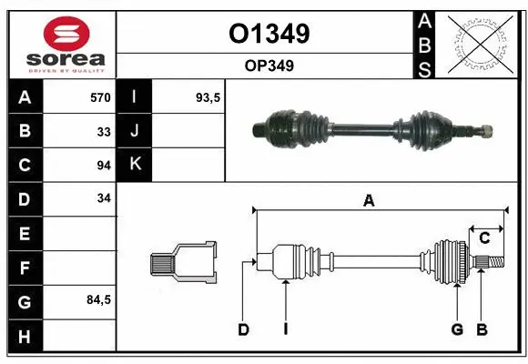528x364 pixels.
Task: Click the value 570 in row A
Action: point(99,97)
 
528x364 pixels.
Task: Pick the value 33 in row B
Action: point(103,131)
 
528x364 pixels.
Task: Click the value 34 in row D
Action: point(103,198)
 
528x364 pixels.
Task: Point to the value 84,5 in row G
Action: point(97,299)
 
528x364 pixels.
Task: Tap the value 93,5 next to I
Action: point(208,97)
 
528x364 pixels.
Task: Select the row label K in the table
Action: point(135,165)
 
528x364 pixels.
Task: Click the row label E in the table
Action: point(24,233)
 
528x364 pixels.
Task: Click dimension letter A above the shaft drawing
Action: point(368,202)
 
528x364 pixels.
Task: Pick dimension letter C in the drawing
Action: point(484,238)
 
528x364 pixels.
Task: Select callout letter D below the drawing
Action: point(243,329)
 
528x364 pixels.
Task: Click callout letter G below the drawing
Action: point(457,329)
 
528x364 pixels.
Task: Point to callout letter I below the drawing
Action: point(285,329)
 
